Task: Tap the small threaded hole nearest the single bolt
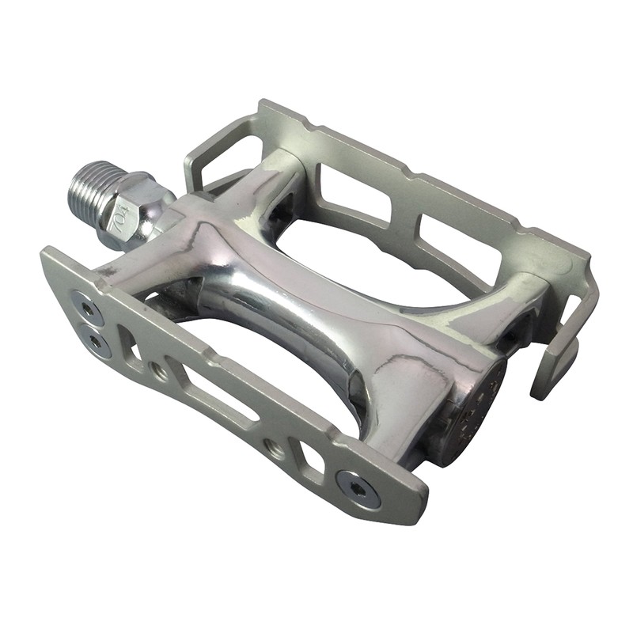pos(275,449)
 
